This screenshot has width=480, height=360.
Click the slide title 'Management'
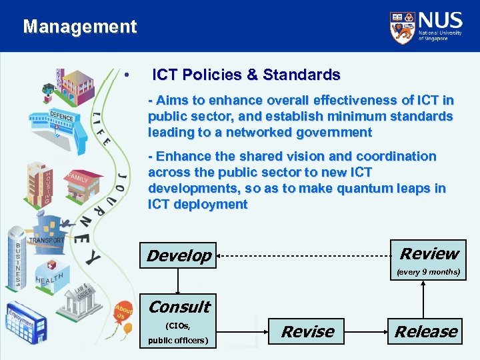coord(79,27)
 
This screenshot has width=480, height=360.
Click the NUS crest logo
coord(401,27)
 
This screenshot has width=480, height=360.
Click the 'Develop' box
coord(179,255)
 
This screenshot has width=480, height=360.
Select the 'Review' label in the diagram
coord(429,253)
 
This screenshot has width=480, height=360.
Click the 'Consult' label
coord(179,307)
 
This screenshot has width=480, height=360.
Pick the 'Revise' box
coord(307,331)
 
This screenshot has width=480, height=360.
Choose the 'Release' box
coord(425,331)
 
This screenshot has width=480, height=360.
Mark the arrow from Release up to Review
coord(423,300)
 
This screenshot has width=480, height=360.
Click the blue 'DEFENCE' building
coord(64,124)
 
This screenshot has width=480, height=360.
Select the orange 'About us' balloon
coord(122,313)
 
